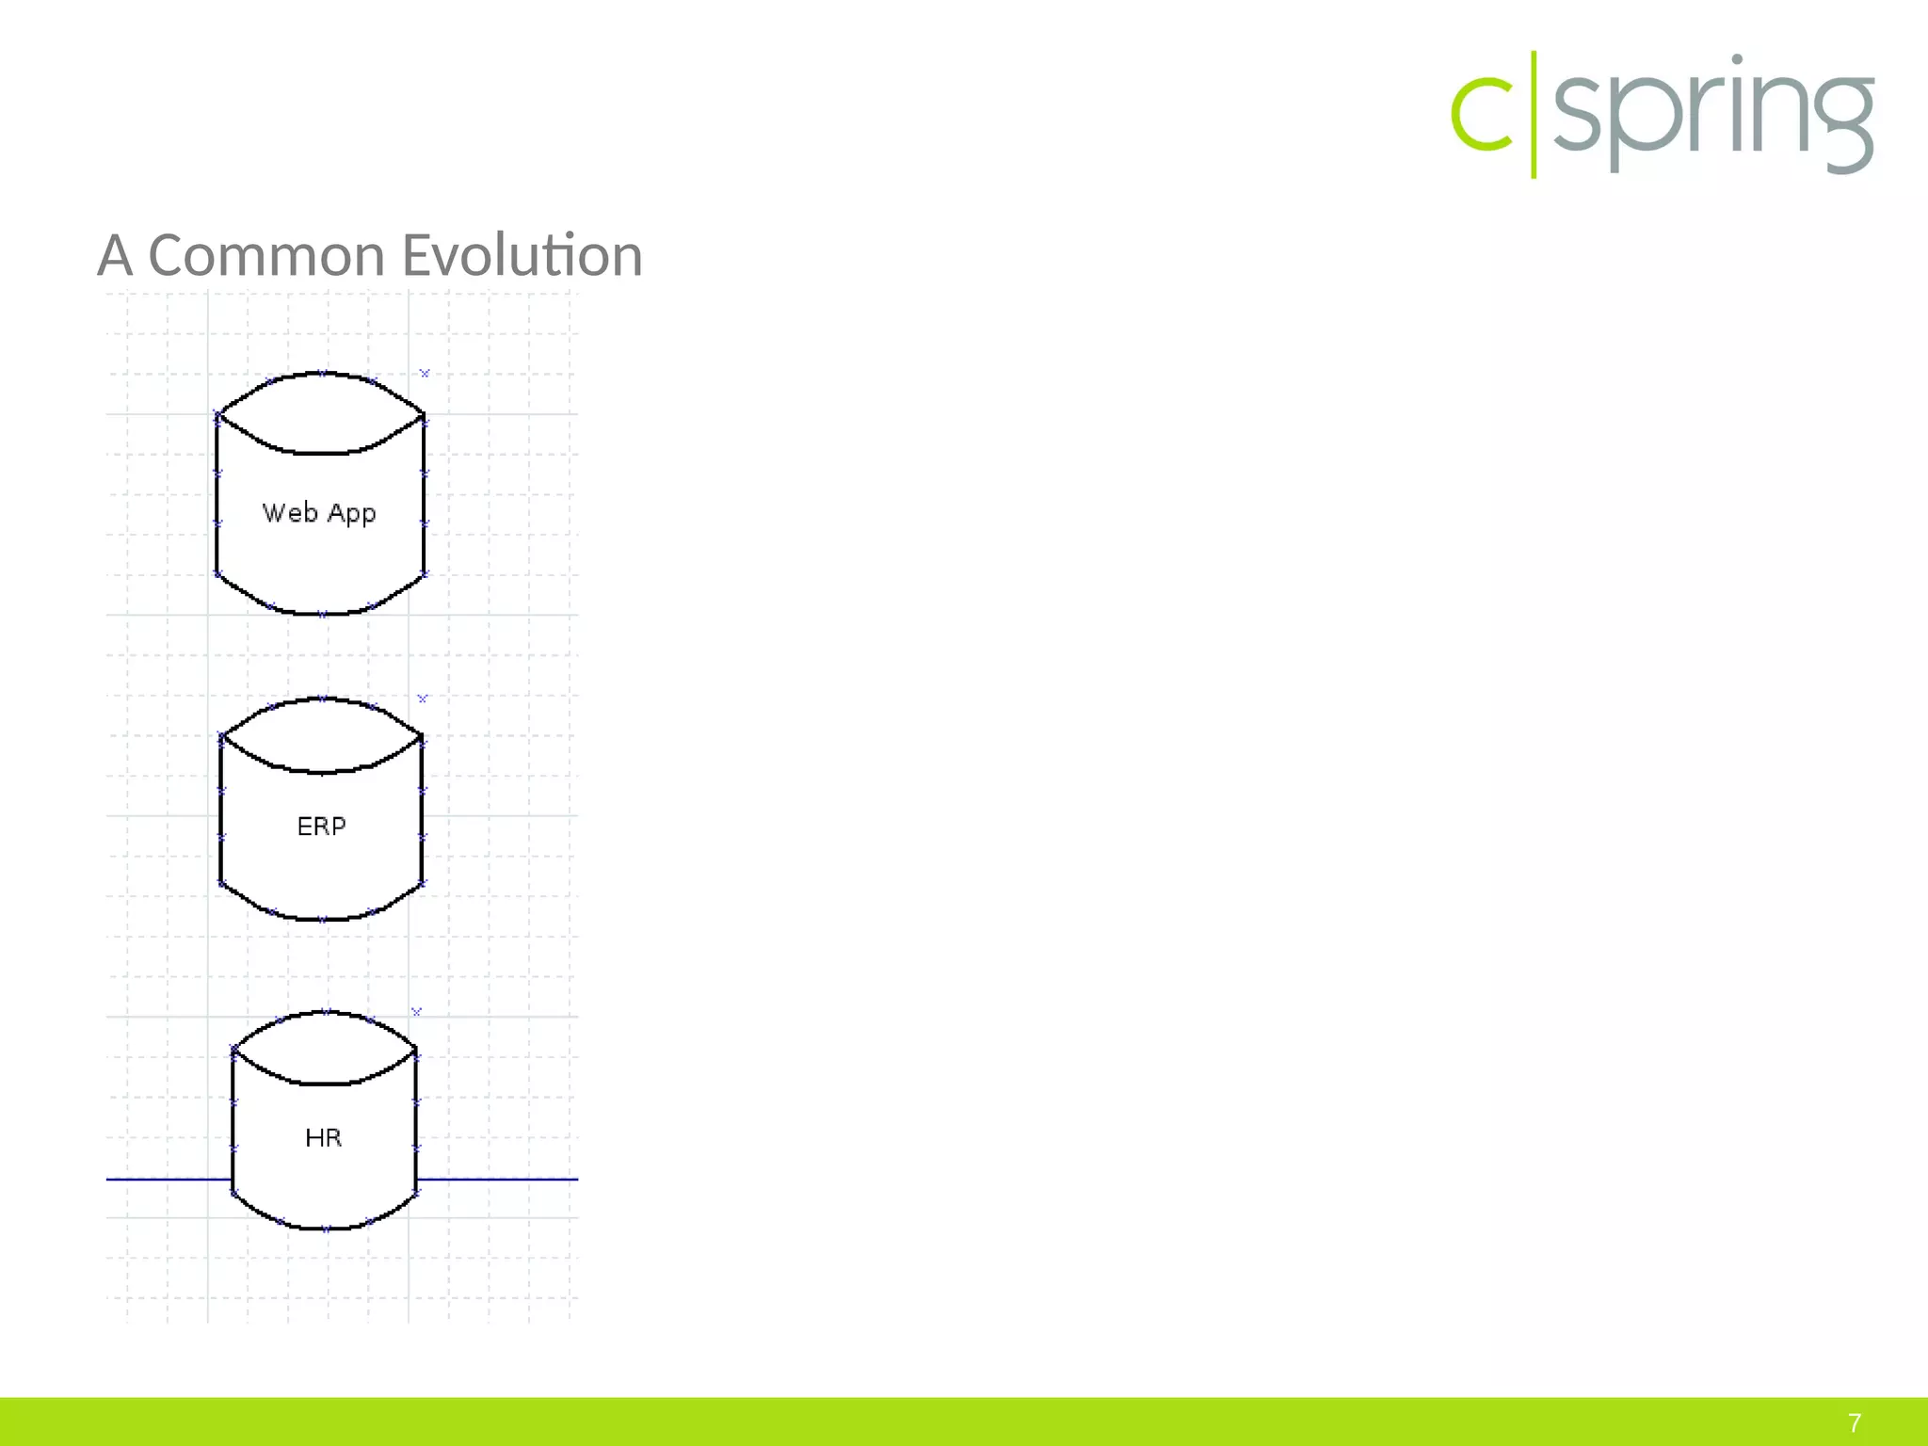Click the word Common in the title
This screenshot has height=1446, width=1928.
tap(266, 256)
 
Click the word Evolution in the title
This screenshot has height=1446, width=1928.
tap(522, 256)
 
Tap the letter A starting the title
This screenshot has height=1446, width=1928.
tap(115, 256)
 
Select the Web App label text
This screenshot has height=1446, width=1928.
tap(319, 513)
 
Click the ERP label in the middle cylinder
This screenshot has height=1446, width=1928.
tap(321, 826)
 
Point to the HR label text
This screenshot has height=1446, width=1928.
tap(323, 1137)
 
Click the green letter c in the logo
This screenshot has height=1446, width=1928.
tap(1482, 117)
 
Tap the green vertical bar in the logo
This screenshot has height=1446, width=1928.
tap(1534, 115)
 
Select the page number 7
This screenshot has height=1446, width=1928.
tap(1855, 1422)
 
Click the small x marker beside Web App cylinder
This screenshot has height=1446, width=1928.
tap(425, 374)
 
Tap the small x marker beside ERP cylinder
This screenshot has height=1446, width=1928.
tap(423, 699)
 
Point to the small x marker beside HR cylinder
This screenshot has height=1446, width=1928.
tap(417, 1011)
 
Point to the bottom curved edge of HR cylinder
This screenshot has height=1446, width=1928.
tap(325, 1228)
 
